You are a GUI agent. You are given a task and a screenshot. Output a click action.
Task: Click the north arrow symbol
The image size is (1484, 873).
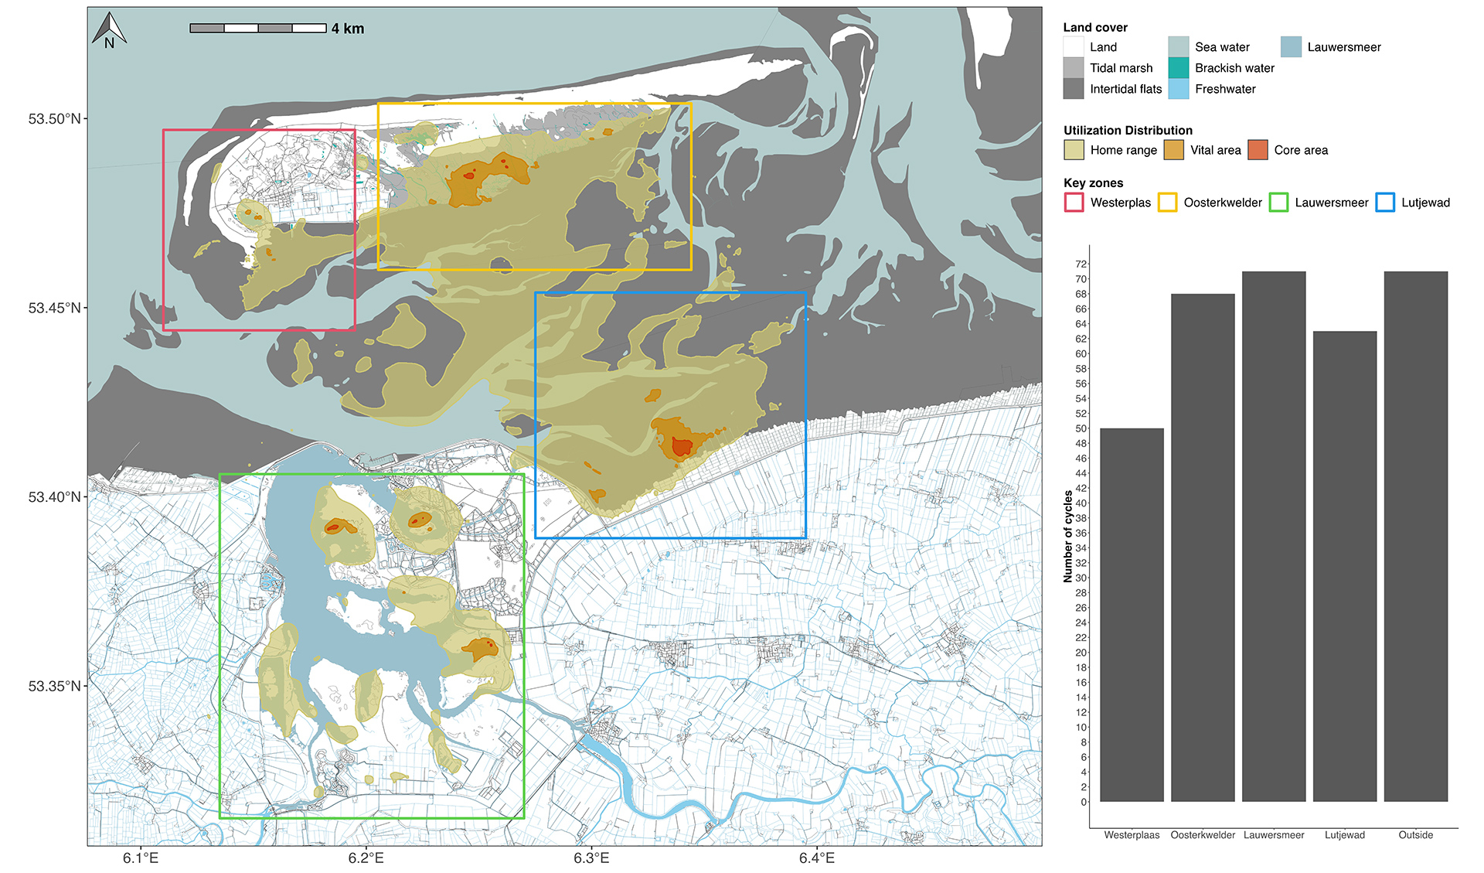pyautogui.click(x=109, y=30)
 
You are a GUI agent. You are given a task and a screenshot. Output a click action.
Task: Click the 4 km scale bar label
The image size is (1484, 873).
pyautogui.click(x=348, y=29)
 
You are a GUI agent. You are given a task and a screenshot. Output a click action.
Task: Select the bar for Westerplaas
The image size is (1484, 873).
pyautogui.click(x=1132, y=615)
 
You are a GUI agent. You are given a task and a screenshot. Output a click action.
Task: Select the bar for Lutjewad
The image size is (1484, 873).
pyautogui.click(x=1345, y=566)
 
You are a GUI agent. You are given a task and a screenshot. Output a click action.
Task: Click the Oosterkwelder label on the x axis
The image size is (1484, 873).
pyautogui.click(x=1203, y=835)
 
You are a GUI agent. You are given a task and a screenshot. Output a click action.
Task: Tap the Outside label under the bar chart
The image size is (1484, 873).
pyautogui.click(x=1415, y=835)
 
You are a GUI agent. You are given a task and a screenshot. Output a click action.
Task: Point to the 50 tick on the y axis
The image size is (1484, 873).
pyautogui.click(x=1081, y=428)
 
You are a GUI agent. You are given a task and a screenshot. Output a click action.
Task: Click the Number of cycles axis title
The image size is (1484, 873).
pyautogui.click(x=1068, y=536)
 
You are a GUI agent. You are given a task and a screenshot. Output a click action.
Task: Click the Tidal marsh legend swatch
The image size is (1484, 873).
pyautogui.click(x=1074, y=68)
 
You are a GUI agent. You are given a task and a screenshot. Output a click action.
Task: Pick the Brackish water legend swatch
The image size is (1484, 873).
pyautogui.click(x=1179, y=68)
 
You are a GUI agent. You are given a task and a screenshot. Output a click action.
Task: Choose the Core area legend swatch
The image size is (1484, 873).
pyautogui.click(x=1258, y=150)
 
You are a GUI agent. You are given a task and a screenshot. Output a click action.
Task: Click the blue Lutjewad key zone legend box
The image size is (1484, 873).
pyautogui.click(x=1386, y=203)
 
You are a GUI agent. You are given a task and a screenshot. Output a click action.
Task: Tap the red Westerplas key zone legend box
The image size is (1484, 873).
pyautogui.click(x=1074, y=203)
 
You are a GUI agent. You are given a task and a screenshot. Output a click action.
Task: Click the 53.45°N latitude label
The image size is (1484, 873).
pyautogui.click(x=54, y=308)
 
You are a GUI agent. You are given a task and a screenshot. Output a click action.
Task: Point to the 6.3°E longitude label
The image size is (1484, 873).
pyautogui.click(x=591, y=858)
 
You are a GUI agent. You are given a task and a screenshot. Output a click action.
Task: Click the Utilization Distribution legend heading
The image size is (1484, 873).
pyautogui.click(x=1128, y=130)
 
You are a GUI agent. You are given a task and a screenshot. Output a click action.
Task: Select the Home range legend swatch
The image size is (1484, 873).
pyautogui.click(x=1074, y=150)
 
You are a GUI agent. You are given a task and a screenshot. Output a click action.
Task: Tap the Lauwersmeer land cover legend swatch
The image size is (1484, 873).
pyautogui.click(x=1291, y=47)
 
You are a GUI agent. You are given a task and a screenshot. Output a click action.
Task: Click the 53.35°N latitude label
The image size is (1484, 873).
pyautogui.click(x=54, y=686)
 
